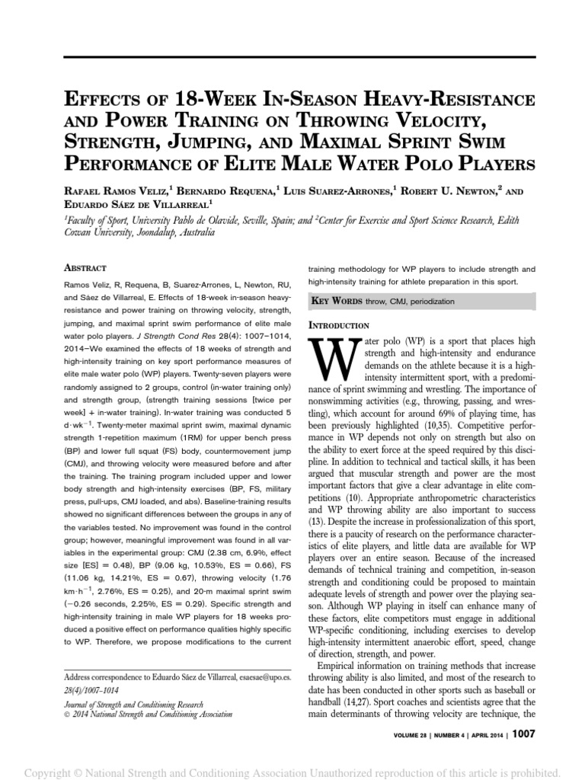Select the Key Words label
pos(337,302)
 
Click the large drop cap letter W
pos(325,360)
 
